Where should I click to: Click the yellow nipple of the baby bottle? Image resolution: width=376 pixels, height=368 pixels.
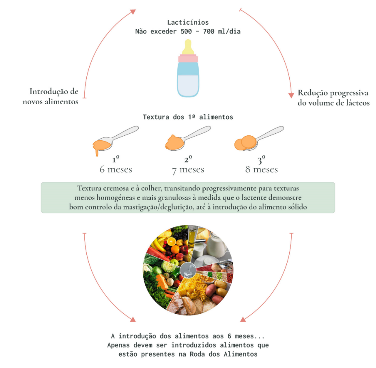(x=188, y=48)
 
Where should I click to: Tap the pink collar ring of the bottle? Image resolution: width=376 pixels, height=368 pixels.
(x=188, y=59)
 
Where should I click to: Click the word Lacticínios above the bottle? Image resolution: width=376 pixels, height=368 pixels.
(x=188, y=22)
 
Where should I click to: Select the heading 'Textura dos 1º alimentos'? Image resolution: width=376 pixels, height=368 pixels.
(x=188, y=117)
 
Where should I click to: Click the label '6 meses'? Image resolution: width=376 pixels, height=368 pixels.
(x=116, y=169)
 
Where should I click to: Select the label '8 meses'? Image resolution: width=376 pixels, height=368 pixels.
(x=261, y=169)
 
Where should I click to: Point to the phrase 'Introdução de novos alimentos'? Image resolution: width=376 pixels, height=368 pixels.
(x=54, y=96)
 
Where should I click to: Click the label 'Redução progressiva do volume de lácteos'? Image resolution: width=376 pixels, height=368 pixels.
(x=333, y=98)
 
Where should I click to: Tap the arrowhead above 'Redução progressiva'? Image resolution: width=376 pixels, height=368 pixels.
(x=291, y=95)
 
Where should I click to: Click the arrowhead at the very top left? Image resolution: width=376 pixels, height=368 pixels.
(x=133, y=12)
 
